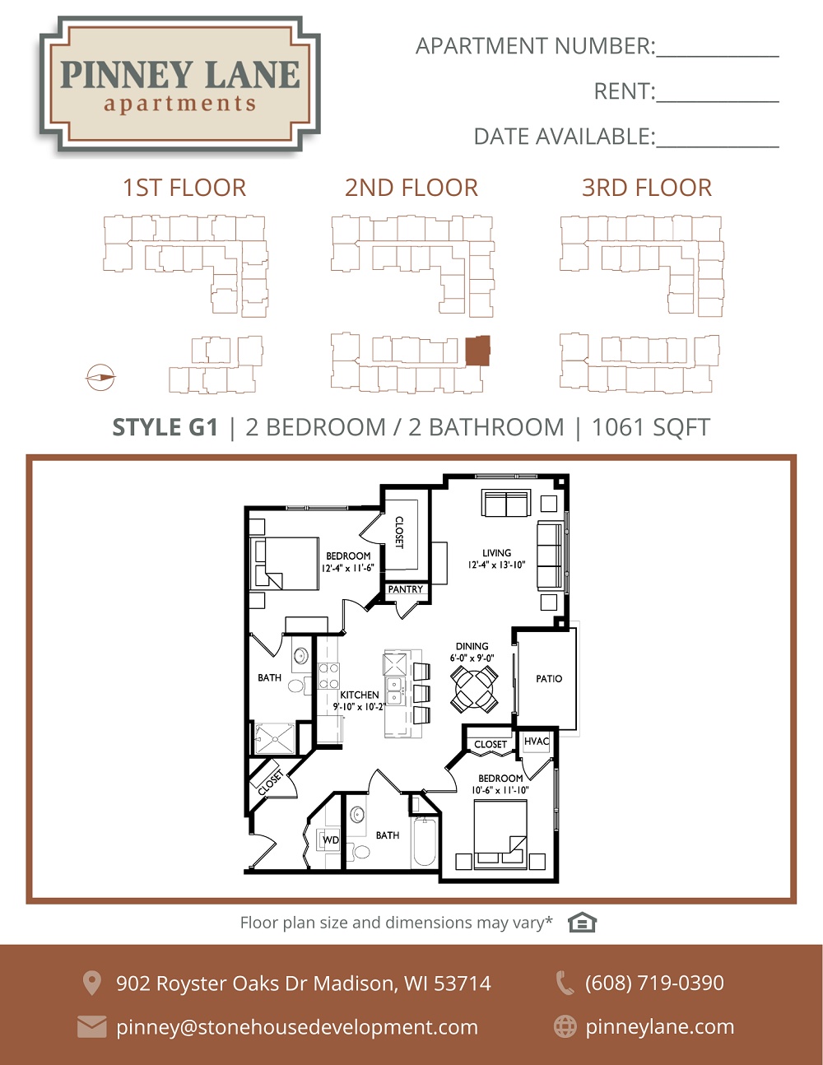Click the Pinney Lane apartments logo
click(179, 83)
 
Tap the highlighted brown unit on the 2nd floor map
click(477, 351)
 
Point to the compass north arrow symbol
click(100, 378)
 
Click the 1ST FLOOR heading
click(184, 188)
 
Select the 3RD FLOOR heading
click(647, 188)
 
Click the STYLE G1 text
click(165, 427)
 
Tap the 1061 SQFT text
click(651, 427)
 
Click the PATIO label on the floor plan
click(549, 679)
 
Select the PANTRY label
click(405, 589)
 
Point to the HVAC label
click(537, 741)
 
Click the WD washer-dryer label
click(331, 840)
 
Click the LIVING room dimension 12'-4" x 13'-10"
click(496, 565)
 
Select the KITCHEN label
click(360, 695)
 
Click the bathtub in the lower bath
click(424, 841)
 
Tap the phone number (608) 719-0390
click(654, 983)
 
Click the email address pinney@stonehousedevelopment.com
click(297, 1027)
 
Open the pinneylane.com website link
click(660, 1027)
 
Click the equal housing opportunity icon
click(582, 923)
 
